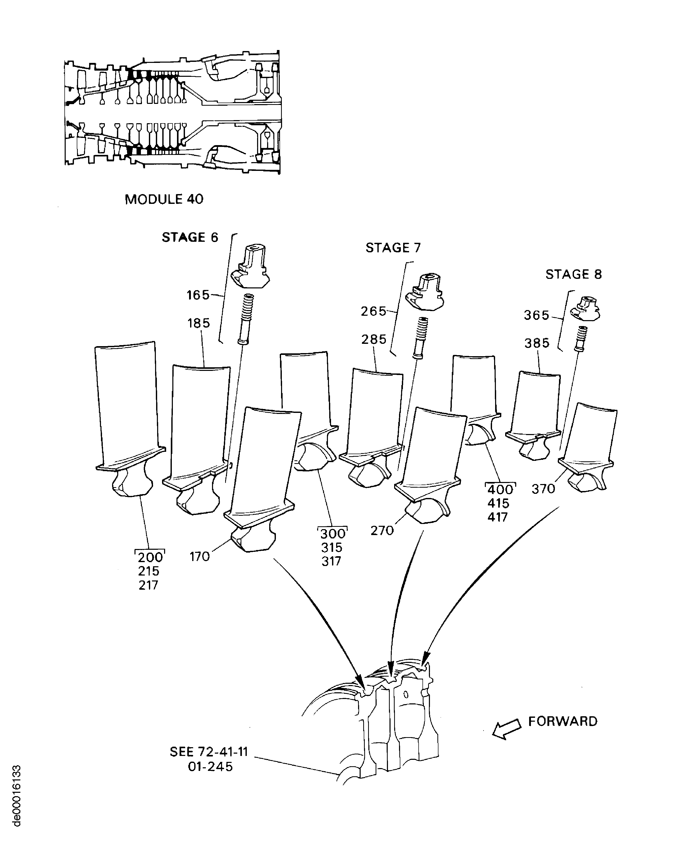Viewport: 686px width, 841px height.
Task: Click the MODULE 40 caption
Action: point(164,199)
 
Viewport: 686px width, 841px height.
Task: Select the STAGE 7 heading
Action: point(393,248)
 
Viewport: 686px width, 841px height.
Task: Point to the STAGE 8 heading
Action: point(573,274)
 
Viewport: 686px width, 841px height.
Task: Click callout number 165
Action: point(198,295)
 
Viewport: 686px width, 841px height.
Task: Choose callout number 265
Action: point(374,311)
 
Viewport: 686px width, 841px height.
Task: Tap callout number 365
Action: point(537,315)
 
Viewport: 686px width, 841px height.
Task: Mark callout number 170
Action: point(200,557)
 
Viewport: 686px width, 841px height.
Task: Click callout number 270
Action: point(382,530)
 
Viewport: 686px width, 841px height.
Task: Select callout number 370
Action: point(543,489)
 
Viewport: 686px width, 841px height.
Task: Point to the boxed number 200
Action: point(150,557)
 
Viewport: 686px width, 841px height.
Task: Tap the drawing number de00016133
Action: point(16,795)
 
